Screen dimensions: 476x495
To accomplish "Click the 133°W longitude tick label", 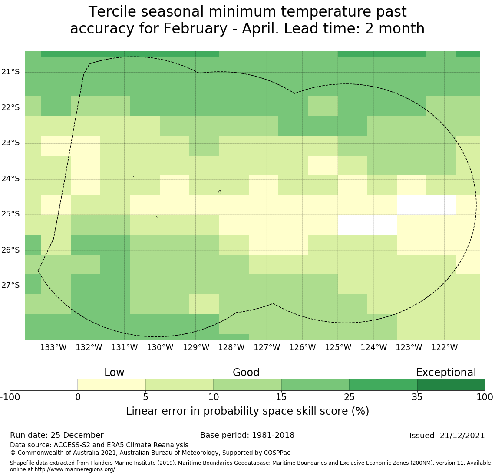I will pos(53,347).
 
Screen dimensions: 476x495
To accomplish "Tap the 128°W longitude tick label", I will pos(231,347).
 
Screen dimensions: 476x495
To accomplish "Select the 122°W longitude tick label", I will pos(444,347).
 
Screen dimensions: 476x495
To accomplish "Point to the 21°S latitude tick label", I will pos(11,72).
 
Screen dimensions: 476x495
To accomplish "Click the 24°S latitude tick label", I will pos(11,179).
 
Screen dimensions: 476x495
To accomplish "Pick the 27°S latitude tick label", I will pos(11,285).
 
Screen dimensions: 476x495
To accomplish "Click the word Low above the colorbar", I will pos(114,373).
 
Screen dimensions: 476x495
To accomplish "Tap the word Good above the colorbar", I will pos(246,373).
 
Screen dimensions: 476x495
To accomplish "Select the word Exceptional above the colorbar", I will pos(446,373).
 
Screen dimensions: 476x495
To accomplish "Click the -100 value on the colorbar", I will pos(10,397).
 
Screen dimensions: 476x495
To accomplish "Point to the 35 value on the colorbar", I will pos(417,397).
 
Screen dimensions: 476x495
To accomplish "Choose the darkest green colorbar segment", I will pos(451,385).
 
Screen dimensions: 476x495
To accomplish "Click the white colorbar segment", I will pos(44,385).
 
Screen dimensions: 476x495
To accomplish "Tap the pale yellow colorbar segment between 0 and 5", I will pos(112,385).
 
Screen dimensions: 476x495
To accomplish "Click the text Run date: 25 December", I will pos(57,435).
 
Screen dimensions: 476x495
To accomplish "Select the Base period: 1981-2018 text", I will pos(247,435).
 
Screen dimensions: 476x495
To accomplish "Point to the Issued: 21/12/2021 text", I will pos(447,436).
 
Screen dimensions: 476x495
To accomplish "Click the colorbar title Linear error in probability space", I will pos(247,411).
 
